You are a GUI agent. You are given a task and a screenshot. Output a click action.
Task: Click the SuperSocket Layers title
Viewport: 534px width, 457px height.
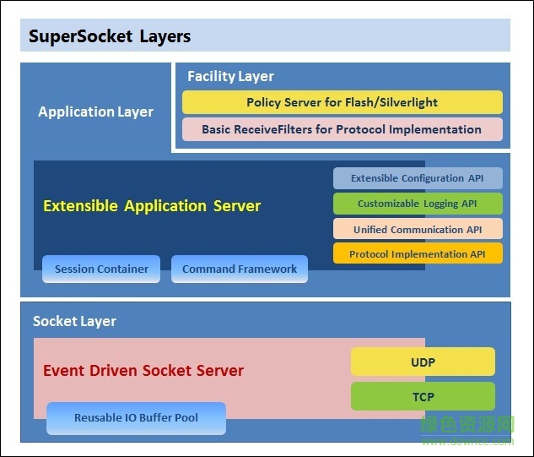coord(110,36)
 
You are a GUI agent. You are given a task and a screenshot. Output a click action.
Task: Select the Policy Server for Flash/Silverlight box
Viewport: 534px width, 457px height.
coord(342,102)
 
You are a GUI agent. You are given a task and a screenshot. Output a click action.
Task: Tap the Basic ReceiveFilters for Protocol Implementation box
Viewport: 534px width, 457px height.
coord(342,129)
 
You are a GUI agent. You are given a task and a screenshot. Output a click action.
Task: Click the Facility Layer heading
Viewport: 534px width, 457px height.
coord(230,76)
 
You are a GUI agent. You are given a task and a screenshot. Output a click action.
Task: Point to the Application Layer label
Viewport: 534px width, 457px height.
coord(95,112)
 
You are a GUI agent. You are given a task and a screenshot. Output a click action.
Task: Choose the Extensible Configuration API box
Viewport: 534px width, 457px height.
coord(418,178)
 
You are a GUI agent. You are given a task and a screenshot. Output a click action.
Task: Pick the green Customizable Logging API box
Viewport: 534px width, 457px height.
coord(418,204)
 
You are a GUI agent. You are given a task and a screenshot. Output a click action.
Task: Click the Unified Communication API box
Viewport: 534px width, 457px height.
coord(418,229)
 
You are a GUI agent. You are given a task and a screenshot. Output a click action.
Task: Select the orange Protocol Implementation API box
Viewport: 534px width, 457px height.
coord(418,253)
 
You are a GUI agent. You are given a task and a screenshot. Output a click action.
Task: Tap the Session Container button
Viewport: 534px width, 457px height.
coord(101,269)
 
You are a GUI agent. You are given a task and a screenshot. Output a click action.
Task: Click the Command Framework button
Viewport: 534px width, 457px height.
coord(240,269)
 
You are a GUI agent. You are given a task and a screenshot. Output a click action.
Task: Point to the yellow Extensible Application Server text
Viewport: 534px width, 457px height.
coord(152,205)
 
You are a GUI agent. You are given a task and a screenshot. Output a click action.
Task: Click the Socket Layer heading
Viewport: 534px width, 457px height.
coord(74,321)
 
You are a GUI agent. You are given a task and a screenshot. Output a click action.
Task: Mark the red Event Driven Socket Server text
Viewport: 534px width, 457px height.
coord(143,370)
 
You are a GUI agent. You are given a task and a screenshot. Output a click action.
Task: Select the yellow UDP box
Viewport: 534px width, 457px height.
coord(423,362)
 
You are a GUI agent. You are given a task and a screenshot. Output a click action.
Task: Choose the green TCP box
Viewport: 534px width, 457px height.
coord(423,396)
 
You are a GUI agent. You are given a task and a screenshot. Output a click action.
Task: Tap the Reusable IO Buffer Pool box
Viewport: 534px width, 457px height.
coord(136,418)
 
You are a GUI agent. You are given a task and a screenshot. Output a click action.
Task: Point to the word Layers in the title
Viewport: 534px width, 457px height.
coord(165,36)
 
